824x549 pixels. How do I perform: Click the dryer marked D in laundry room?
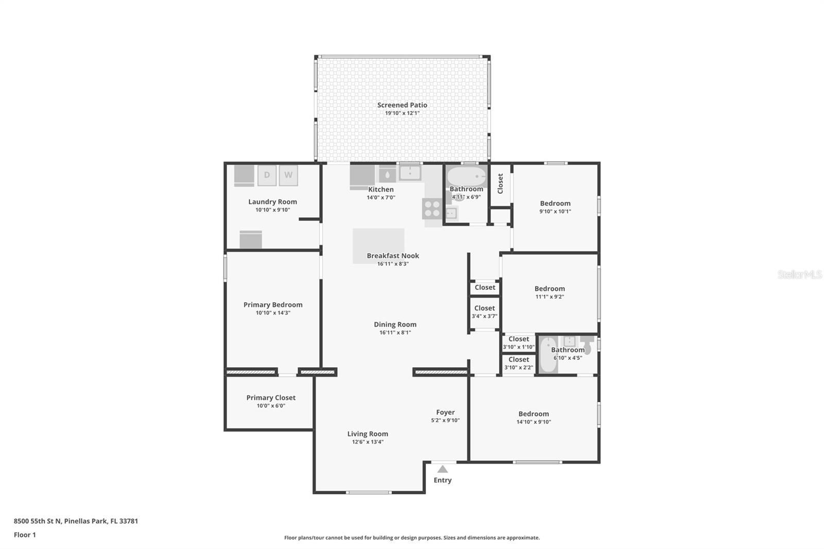coord(267,175)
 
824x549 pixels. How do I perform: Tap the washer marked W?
coord(288,175)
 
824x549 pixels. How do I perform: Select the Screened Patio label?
coord(402,105)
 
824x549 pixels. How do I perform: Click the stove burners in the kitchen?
coord(432,209)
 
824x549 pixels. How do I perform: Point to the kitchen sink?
coord(410,173)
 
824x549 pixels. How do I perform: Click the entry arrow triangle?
coord(442,469)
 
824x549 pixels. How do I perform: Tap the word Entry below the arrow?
coord(442,480)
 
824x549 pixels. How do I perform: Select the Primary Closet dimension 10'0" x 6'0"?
coord(271,406)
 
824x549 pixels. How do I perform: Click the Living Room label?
coord(368,434)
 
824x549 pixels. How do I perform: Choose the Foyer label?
coord(445,412)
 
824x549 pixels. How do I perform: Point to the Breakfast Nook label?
coord(393,255)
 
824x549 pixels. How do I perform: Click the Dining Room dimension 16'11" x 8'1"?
coord(395,333)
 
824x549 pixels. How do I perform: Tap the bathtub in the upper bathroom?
coord(466,177)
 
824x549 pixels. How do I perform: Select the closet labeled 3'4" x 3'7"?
coord(485,312)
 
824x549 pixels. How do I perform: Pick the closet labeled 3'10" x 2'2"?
coord(519,364)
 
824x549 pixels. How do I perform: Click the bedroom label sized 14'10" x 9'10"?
coord(534,414)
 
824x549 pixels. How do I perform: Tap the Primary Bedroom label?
coord(273,304)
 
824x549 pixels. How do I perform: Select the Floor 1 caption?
coord(25,535)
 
